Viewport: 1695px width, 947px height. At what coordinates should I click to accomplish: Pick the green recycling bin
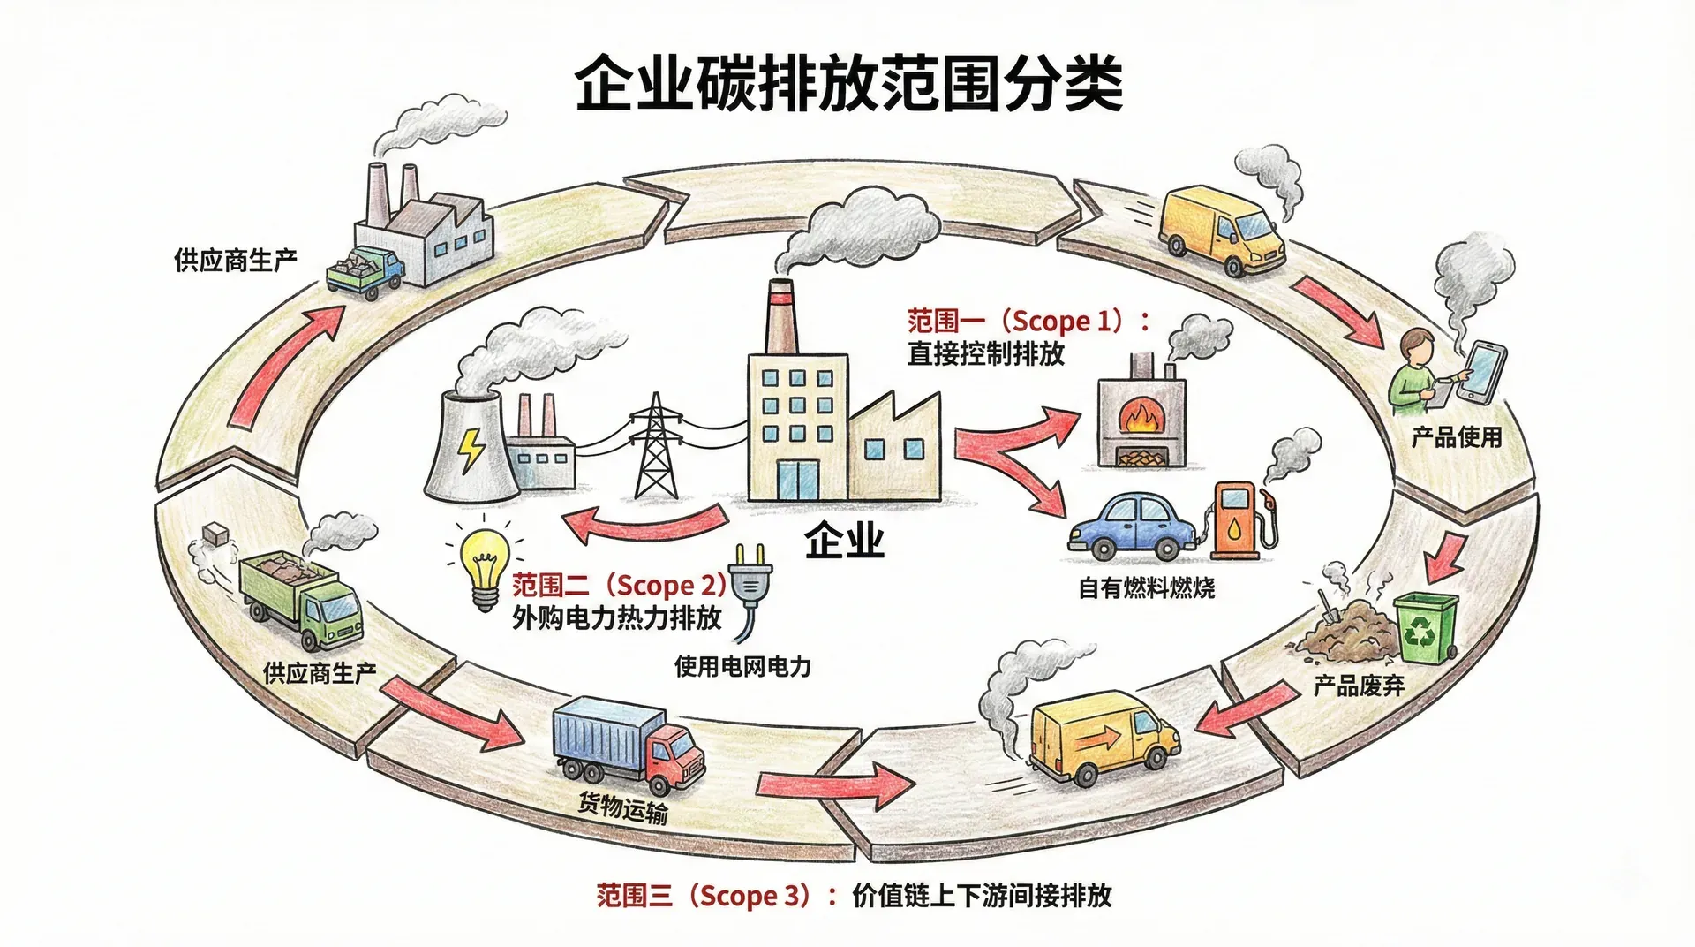click(x=1425, y=628)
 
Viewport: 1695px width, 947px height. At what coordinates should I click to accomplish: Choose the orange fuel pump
click(x=1235, y=520)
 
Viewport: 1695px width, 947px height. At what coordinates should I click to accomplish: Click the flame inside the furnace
click(x=1142, y=416)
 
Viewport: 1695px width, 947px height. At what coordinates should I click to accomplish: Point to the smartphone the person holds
click(x=1483, y=372)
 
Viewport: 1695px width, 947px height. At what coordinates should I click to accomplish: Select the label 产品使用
click(x=1457, y=436)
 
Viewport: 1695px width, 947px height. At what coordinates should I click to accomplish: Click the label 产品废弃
click(x=1358, y=686)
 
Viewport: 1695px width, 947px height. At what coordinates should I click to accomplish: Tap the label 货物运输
click(x=623, y=807)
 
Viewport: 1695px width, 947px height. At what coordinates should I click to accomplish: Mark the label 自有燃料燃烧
click(x=1146, y=587)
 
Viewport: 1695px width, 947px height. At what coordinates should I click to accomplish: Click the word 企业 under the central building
click(x=844, y=540)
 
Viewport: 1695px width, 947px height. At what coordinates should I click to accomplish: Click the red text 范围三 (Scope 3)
click(x=703, y=896)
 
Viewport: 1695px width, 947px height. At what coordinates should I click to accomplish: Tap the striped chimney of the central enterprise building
click(x=780, y=316)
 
